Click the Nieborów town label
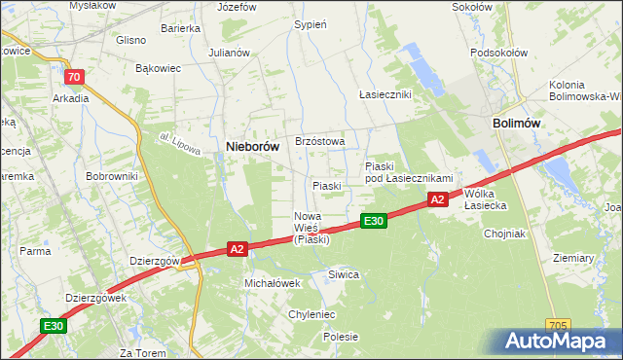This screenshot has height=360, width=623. [x=252, y=146]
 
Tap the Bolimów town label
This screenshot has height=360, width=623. [x=517, y=124]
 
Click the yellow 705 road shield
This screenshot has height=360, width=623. [x=558, y=325]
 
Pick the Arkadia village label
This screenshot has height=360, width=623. [x=71, y=98]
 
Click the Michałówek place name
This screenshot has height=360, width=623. [x=272, y=282]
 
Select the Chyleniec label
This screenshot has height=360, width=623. [x=311, y=314]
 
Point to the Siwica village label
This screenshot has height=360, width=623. [x=344, y=274]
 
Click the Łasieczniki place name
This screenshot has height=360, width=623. [x=385, y=94]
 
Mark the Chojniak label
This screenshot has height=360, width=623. [x=503, y=234]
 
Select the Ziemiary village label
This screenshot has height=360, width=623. [x=572, y=258]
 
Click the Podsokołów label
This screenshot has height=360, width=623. [x=497, y=53]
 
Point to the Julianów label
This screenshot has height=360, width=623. [x=230, y=53]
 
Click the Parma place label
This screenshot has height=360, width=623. [x=35, y=251]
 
